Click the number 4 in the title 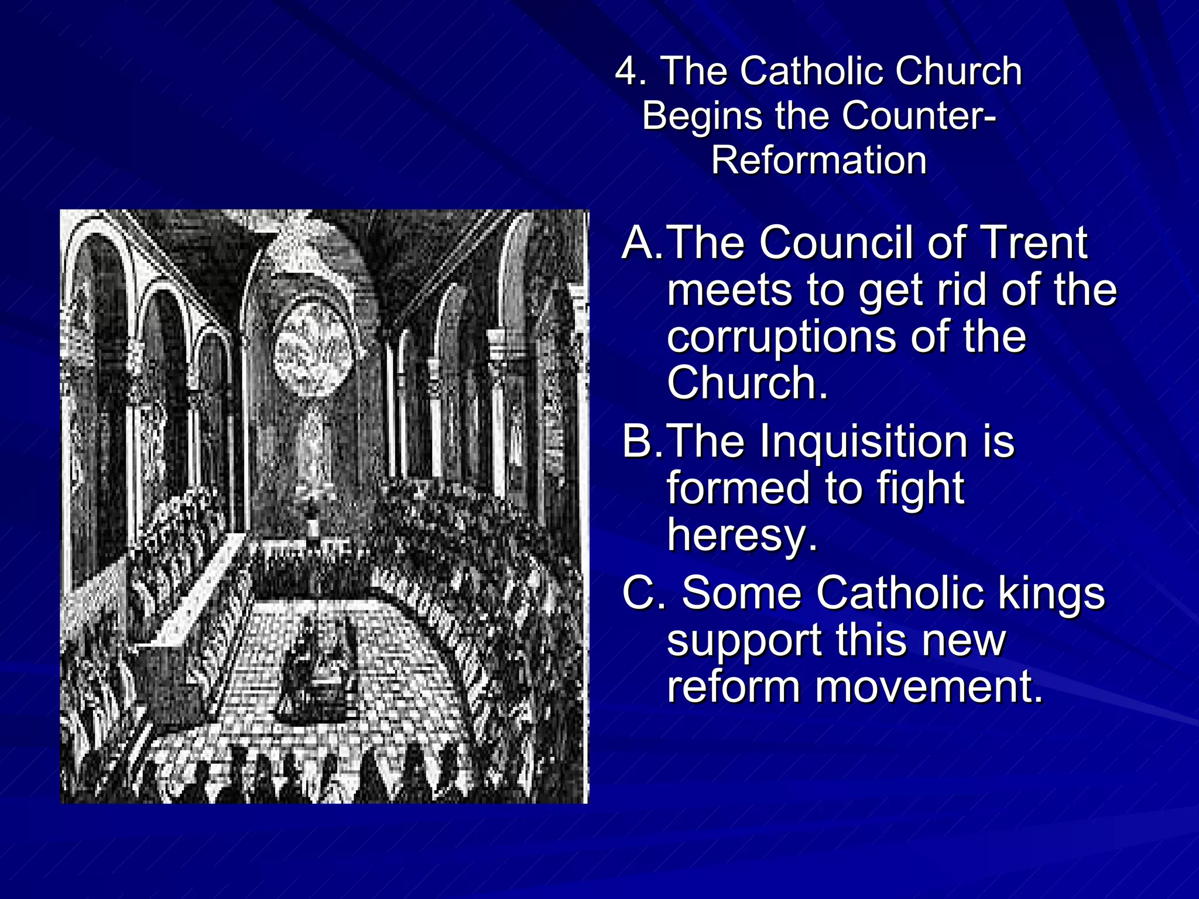click(x=628, y=71)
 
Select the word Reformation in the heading click(x=819, y=160)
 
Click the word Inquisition click(x=864, y=441)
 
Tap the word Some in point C click(x=742, y=593)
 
